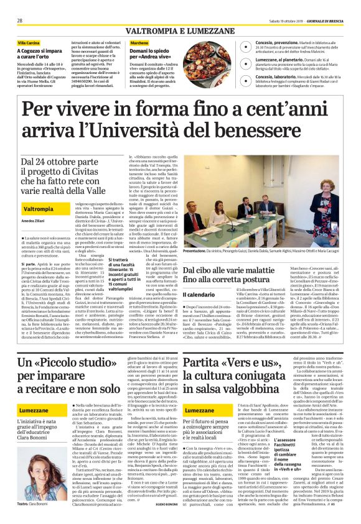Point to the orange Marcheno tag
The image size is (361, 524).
(x=140, y=42)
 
